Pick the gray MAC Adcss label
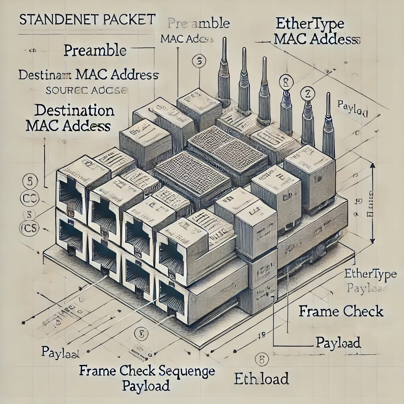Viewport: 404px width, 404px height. (x=187, y=39)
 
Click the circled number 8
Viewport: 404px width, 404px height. (x=284, y=82)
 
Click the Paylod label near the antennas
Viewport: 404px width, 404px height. (x=353, y=108)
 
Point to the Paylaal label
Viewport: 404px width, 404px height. (x=61, y=352)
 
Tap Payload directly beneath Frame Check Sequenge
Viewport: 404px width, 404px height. (x=146, y=385)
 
